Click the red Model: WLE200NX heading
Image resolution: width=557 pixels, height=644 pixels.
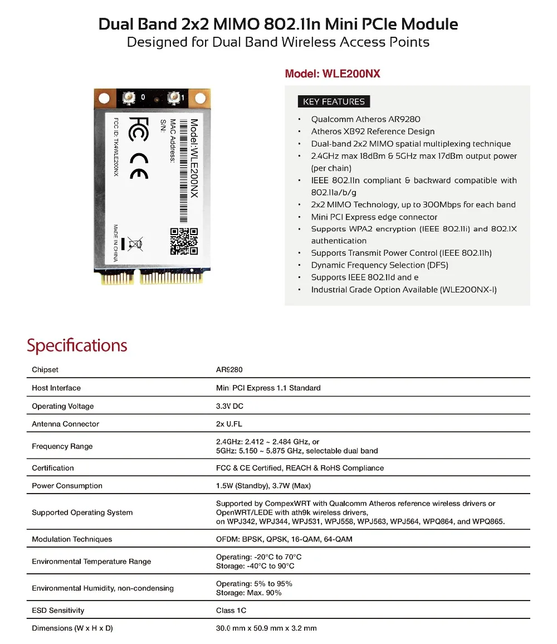coord(332,74)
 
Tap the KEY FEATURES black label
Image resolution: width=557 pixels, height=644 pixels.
coord(334,101)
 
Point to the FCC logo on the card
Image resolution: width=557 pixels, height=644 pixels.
coord(139,129)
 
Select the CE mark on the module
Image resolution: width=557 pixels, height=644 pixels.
coord(139,166)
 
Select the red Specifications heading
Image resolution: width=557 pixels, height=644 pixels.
coord(77,345)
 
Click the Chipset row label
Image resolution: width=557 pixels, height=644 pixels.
coord(45,370)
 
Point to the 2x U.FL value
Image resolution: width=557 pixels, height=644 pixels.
coord(229,424)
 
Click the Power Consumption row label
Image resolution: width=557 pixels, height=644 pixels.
coord(67,486)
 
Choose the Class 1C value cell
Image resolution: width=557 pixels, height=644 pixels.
coord(231,611)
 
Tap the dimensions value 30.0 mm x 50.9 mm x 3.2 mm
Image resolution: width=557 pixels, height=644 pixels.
coord(266,628)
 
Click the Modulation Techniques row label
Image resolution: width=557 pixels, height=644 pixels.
coord(72,539)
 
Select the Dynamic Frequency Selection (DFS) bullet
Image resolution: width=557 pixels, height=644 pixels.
coord(379,265)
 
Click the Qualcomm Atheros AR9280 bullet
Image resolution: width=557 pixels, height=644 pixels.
coord(365,119)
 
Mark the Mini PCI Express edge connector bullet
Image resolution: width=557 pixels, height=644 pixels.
coord(374,217)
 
